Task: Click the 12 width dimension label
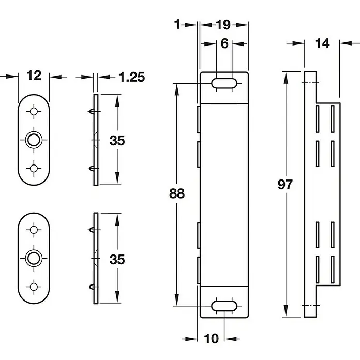(34, 76)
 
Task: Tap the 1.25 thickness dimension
(132, 77)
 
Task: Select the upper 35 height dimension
(117, 140)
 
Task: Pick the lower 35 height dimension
(117, 259)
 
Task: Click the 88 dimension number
(177, 193)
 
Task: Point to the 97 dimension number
(285, 184)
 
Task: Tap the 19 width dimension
(223, 24)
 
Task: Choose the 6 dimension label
(224, 43)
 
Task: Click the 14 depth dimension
(322, 43)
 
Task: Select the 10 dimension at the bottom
(211, 339)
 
